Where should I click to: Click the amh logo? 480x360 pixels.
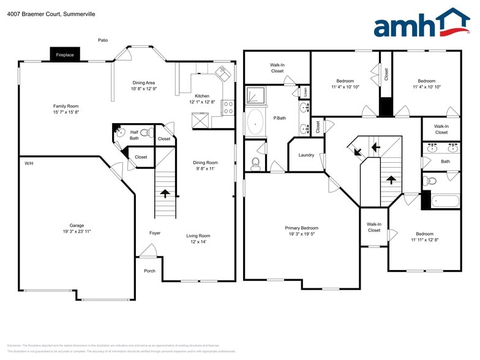click(x=421, y=24)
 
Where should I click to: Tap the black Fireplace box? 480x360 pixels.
click(x=65, y=54)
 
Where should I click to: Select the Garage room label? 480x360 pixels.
click(x=77, y=225)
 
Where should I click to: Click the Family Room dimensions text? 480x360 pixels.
click(x=66, y=113)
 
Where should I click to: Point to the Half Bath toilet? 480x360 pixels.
click(x=146, y=132)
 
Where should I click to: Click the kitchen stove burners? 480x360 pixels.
click(x=228, y=108)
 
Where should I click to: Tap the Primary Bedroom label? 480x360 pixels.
click(x=301, y=228)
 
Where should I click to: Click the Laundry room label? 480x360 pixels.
click(x=306, y=155)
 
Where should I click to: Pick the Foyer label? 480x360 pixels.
click(x=155, y=233)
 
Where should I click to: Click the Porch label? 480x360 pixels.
click(x=149, y=271)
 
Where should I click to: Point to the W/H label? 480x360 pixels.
click(x=29, y=163)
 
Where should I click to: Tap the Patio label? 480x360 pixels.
click(x=103, y=40)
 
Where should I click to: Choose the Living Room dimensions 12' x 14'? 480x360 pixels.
click(x=198, y=242)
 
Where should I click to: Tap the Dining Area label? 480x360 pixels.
click(x=144, y=83)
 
